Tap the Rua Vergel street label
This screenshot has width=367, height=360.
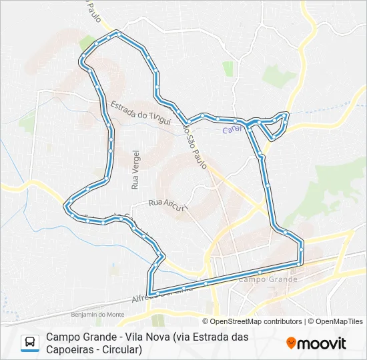(135, 171)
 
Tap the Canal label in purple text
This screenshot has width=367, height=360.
(232, 129)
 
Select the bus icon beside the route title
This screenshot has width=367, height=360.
(30, 343)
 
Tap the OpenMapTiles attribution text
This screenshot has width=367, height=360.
(339, 321)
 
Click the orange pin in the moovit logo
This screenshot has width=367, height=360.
(292, 343)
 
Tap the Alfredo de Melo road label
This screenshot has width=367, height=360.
(160, 292)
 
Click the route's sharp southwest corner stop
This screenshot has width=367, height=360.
(151, 293)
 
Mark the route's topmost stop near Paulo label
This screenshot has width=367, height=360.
(117, 32)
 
